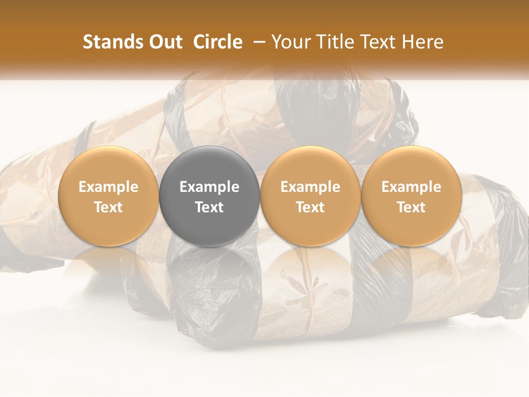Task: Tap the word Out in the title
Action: click(x=165, y=42)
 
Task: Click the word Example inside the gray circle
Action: click(x=209, y=187)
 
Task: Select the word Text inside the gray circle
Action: click(x=209, y=207)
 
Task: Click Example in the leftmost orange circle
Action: click(x=109, y=187)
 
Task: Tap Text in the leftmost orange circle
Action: click(x=109, y=207)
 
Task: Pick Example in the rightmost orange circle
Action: click(x=411, y=187)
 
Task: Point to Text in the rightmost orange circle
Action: click(x=411, y=207)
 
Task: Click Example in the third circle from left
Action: click(x=310, y=187)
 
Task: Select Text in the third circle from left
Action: click(x=310, y=207)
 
